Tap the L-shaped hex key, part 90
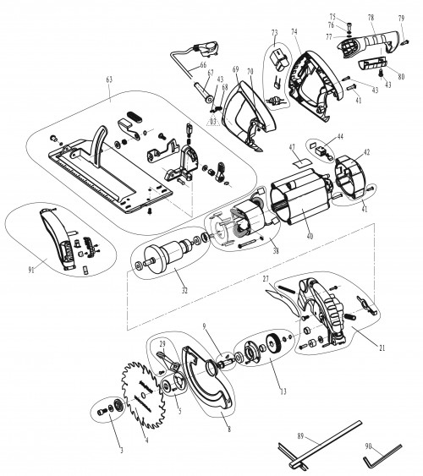[x=377, y=462]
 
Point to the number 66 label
[x=202, y=65]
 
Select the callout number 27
[x=265, y=276]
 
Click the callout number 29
[x=162, y=342]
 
